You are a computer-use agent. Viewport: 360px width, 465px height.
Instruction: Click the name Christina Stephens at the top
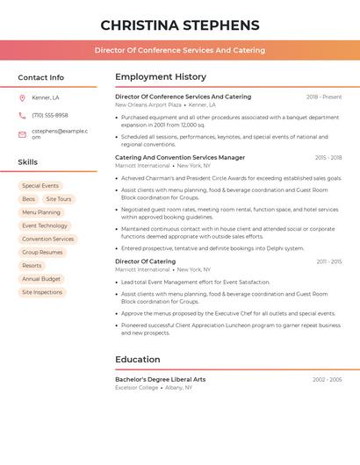180,25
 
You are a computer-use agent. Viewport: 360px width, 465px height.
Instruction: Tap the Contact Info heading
40,77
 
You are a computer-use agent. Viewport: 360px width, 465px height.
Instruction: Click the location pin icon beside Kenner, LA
22,97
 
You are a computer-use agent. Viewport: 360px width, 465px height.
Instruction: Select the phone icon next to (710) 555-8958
22,115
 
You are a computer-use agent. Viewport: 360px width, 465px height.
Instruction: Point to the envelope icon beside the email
22,134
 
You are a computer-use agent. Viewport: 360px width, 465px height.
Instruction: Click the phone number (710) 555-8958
50,115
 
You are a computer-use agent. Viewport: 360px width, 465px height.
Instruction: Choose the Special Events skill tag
40,186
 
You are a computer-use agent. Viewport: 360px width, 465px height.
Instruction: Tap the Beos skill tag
29,199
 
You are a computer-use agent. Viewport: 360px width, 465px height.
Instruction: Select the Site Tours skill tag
59,199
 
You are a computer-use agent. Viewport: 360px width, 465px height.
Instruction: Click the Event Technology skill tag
45,225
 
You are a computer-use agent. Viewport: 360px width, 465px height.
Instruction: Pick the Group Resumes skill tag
42,252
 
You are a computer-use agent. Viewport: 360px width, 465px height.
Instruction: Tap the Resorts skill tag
32,266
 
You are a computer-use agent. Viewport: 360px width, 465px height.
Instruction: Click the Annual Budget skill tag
41,279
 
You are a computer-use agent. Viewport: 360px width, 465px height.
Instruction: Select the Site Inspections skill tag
42,292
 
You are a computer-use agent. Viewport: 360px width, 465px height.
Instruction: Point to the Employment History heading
161,77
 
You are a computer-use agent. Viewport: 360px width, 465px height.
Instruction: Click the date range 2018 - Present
324,97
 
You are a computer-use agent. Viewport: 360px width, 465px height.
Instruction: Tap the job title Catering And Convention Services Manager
180,158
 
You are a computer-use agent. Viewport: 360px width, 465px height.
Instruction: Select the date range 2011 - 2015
329,261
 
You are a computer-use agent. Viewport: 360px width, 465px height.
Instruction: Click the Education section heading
138,359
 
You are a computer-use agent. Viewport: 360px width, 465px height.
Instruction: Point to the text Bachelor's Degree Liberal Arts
161,379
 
